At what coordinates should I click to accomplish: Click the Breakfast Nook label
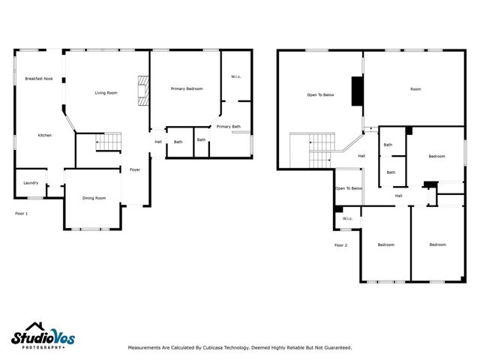38,79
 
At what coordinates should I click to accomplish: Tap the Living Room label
106,93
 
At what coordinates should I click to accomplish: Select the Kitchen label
45,135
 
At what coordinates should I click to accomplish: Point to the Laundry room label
31,183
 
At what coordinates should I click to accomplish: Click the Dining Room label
94,198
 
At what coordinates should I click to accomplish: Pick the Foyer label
135,169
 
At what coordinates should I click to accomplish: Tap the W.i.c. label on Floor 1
235,76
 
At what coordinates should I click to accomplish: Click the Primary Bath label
229,127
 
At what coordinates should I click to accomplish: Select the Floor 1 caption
22,214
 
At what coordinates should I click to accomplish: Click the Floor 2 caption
341,245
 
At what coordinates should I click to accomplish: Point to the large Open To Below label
320,95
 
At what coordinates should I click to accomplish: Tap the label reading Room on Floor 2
415,89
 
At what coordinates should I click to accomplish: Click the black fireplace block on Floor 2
358,91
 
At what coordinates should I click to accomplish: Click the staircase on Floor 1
109,141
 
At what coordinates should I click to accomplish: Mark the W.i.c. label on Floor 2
347,219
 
